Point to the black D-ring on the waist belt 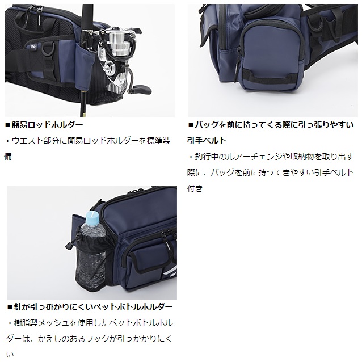click(48, 49)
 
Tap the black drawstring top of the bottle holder click(91, 241)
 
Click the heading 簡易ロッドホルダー click(47, 125)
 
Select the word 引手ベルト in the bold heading click(207, 140)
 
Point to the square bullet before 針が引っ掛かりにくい click(10, 307)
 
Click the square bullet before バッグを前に click(191, 125)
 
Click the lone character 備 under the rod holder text click(7, 157)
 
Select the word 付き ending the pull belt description click(195, 188)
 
